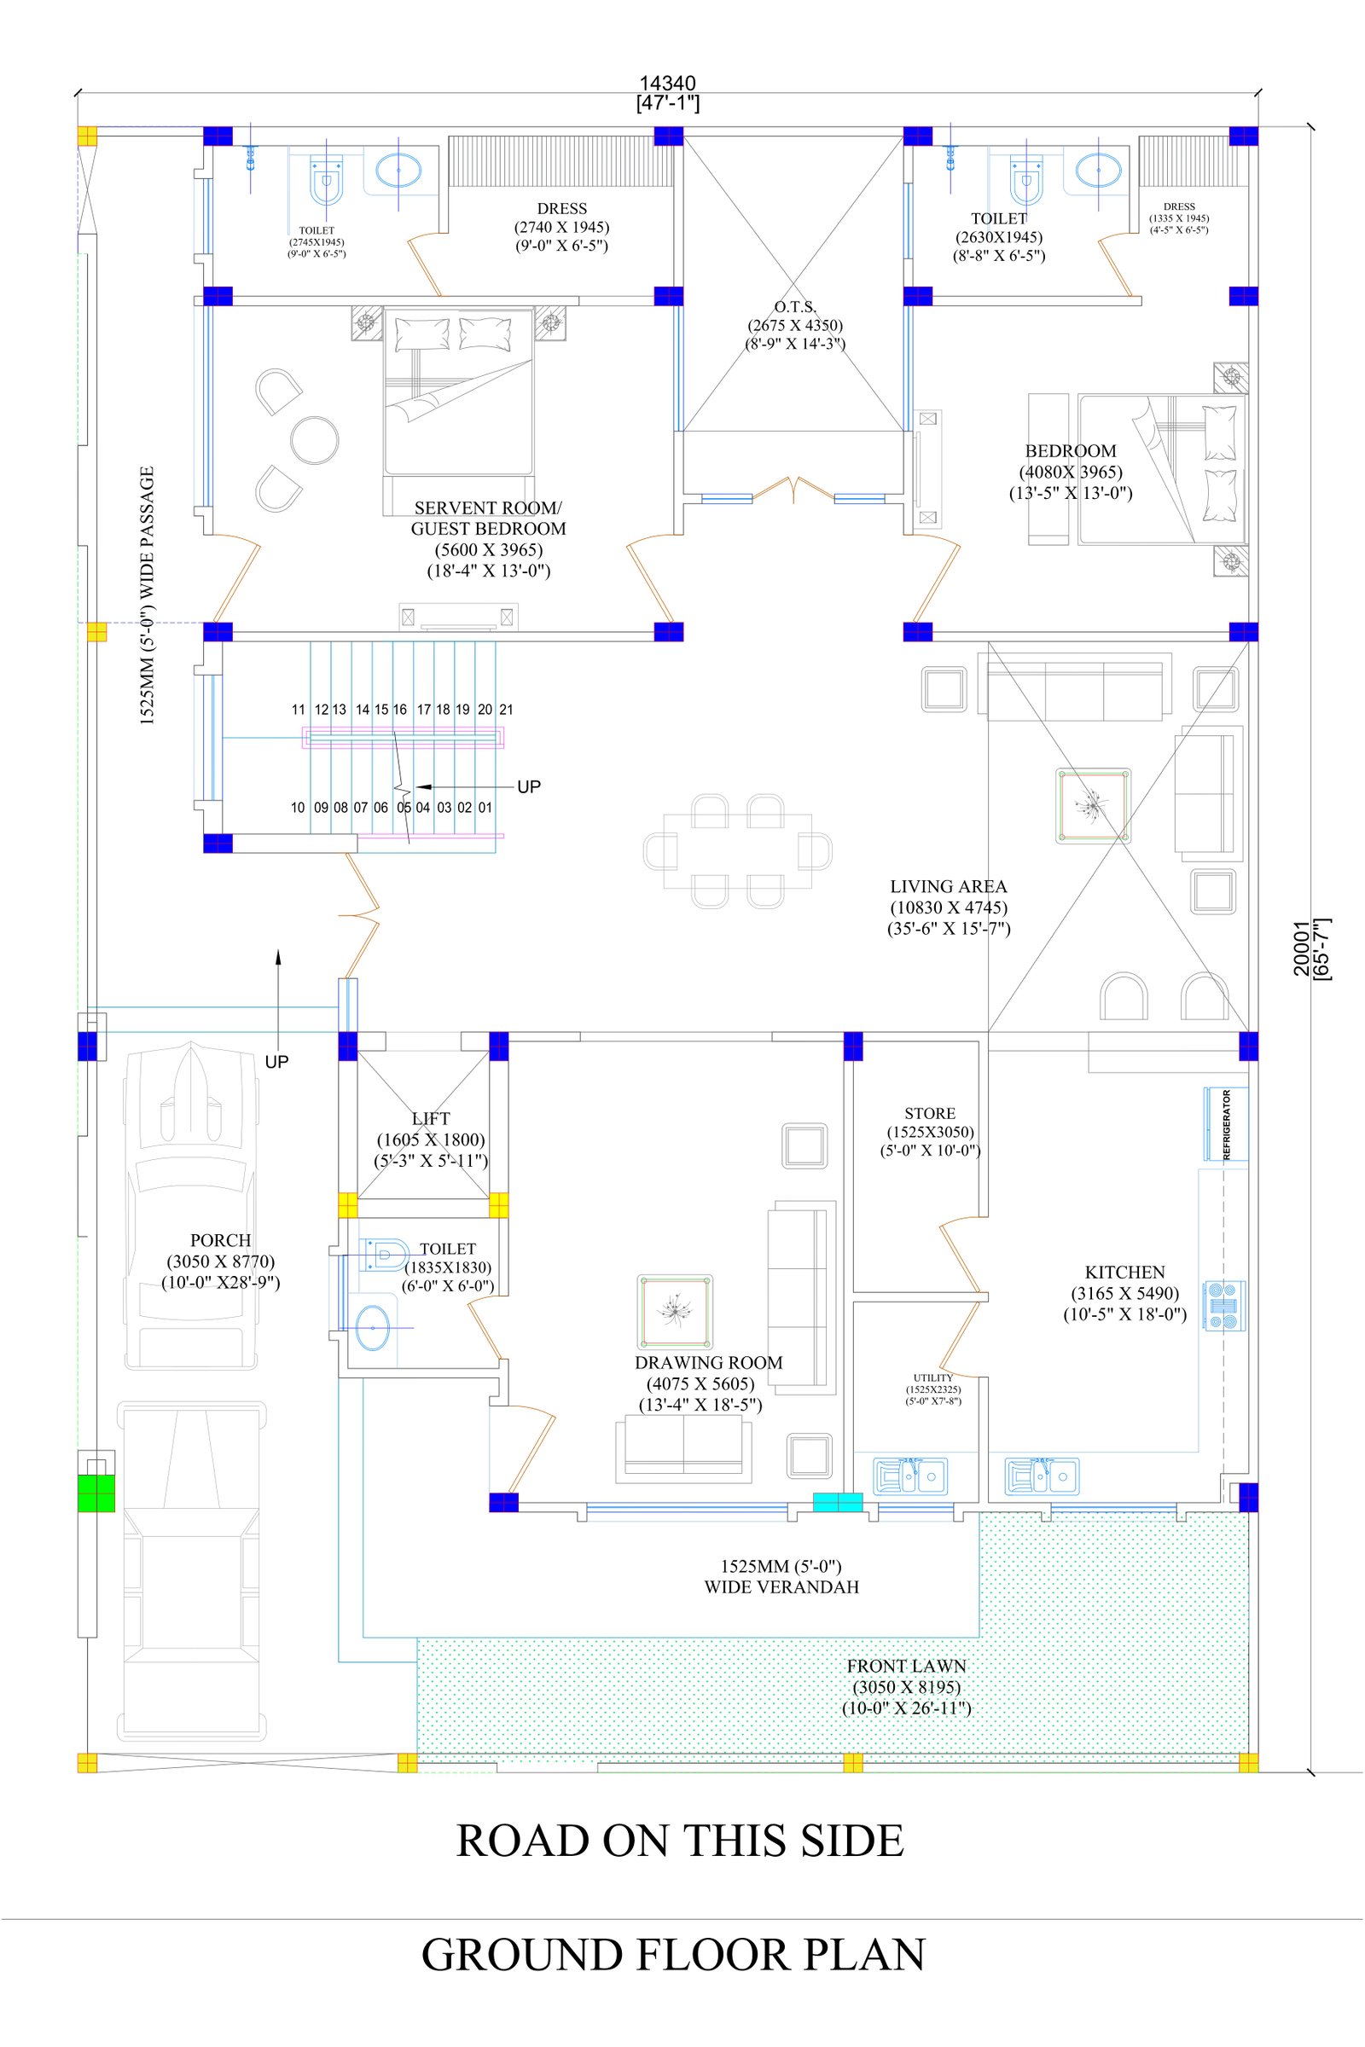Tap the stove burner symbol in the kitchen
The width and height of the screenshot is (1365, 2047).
click(x=1225, y=1305)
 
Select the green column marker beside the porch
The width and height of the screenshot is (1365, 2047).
click(x=96, y=1493)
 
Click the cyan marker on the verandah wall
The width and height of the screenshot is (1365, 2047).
click(x=838, y=1501)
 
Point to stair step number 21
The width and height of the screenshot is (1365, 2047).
click(x=506, y=710)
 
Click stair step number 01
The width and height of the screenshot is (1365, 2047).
click(x=485, y=808)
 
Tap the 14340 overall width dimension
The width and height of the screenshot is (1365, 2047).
click(x=668, y=84)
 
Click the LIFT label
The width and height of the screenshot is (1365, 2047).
click(x=431, y=1118)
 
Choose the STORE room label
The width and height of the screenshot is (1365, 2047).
click(x=930, y=1113)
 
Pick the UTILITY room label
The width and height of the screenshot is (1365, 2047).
click(x=933, y=1377)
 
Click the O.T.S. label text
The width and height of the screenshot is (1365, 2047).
click(x=795, y=306)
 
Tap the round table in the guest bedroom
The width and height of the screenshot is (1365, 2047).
click(x=314, y=440)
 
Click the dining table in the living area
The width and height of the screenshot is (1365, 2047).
click(x=737, y=851)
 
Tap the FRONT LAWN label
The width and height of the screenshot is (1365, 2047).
click(x=906, y=1666)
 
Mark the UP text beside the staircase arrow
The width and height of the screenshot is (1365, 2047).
click(x=528, y=786)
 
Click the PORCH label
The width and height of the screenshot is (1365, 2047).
click(x=220, y=1240)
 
